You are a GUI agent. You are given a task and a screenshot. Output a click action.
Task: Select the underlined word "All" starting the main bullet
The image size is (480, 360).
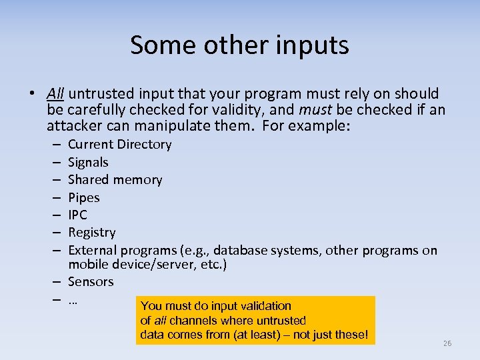pos(55,93)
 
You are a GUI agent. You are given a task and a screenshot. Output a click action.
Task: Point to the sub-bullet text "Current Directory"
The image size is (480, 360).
pos(119,145)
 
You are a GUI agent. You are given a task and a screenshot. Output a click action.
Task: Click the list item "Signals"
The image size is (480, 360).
pos(88,162)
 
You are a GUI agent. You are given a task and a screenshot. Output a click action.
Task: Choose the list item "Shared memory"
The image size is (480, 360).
pos(115,180)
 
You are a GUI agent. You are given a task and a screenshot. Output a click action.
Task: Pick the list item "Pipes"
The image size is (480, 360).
pos(83,197)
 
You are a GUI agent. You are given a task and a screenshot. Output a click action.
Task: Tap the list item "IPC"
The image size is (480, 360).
pos(77,215)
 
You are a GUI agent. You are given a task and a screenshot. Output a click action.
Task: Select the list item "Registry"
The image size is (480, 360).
pos(91,233)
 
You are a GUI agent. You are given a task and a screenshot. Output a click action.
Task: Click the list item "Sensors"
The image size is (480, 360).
pos(91,282)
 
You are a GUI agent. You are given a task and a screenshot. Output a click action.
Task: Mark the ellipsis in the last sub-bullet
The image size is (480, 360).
pos(73,300)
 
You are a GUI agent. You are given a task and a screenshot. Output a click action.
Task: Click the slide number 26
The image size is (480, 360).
pos(447,343)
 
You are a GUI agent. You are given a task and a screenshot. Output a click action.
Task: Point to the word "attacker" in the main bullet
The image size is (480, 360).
pos(73,125)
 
